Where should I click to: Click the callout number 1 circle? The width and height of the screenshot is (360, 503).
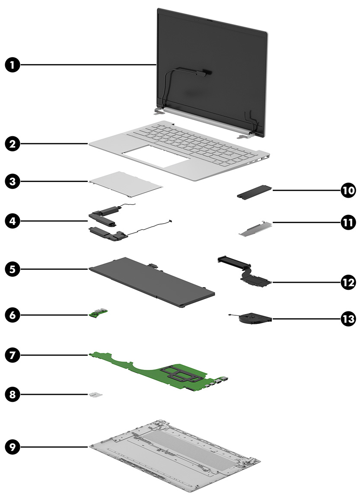12,65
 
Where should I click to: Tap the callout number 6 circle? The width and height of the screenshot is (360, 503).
12,314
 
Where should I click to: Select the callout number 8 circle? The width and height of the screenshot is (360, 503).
12,394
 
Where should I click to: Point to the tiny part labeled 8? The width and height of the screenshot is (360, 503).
96,394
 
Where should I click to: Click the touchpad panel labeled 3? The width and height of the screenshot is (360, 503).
126,180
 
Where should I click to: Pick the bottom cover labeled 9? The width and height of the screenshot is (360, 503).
173,463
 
